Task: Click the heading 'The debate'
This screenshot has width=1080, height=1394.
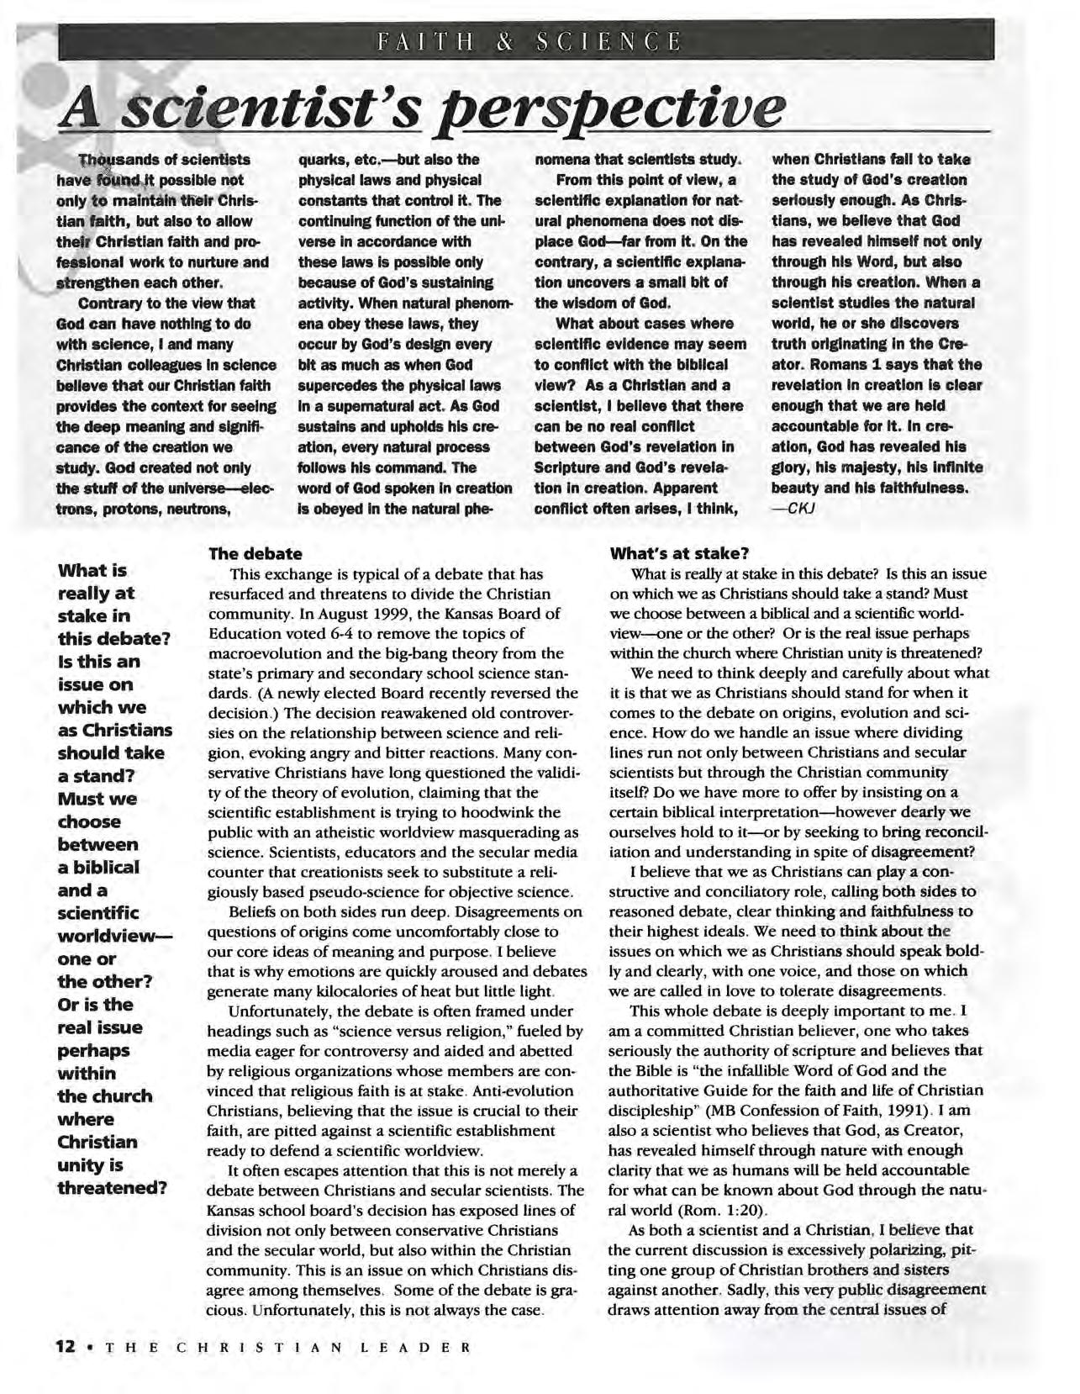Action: (255, 553)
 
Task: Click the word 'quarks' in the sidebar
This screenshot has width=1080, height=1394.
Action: (320, 159)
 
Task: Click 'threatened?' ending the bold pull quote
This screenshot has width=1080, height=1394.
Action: (112, 1187)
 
